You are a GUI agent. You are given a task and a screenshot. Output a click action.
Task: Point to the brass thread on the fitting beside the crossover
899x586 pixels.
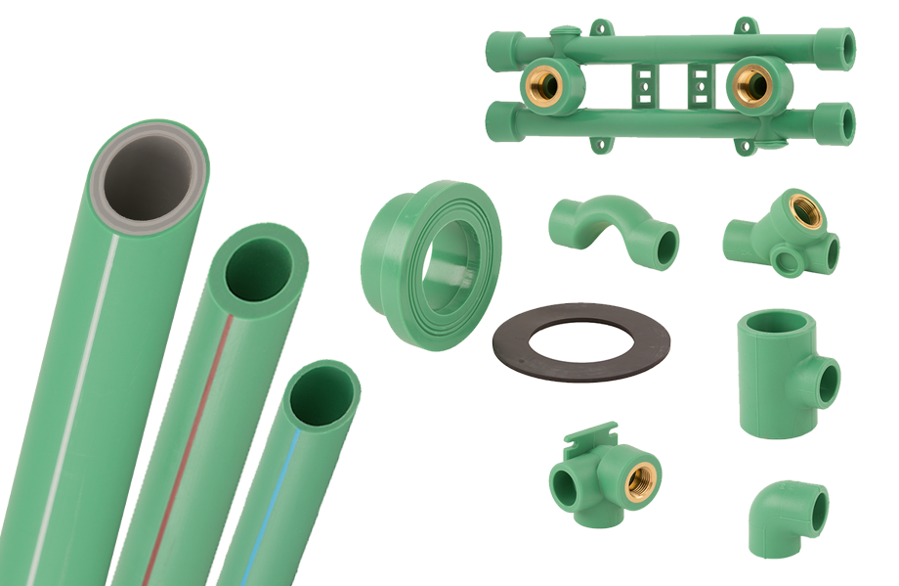pos(807,211)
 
